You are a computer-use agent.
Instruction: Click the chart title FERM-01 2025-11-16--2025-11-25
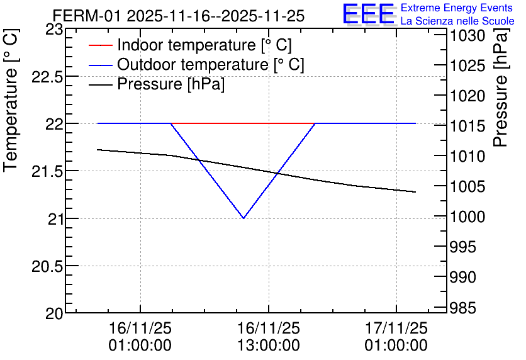pos(179,16)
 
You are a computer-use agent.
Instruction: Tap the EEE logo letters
pos(368,14)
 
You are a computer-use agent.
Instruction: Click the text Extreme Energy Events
pos(457,8)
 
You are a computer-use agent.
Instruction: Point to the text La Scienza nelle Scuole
pos(457,21)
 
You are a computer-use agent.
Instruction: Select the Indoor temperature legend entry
pos(190,45)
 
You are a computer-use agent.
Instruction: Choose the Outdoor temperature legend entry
pos(196,64)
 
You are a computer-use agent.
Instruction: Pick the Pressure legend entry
pos(156,84)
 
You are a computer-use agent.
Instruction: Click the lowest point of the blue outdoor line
pos(243,218)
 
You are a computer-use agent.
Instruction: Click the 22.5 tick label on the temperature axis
pos(47,77)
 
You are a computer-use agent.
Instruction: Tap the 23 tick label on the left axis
pos(54,30)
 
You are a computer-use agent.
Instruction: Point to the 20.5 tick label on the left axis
pos(47,267)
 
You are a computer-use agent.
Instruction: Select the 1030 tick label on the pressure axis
pos(467,36)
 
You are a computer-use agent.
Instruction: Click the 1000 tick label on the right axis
pos(467,217)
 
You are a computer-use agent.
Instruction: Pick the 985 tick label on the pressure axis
pos(462,308)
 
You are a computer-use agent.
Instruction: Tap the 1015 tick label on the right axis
pos(467,126)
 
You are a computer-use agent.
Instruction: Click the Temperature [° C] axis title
pos(11,100)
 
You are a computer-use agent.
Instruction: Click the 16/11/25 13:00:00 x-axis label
pos(269,337)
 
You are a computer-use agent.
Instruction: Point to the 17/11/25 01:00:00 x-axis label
pos(396,337)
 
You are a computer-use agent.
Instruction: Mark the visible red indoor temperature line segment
pos(243,123)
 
